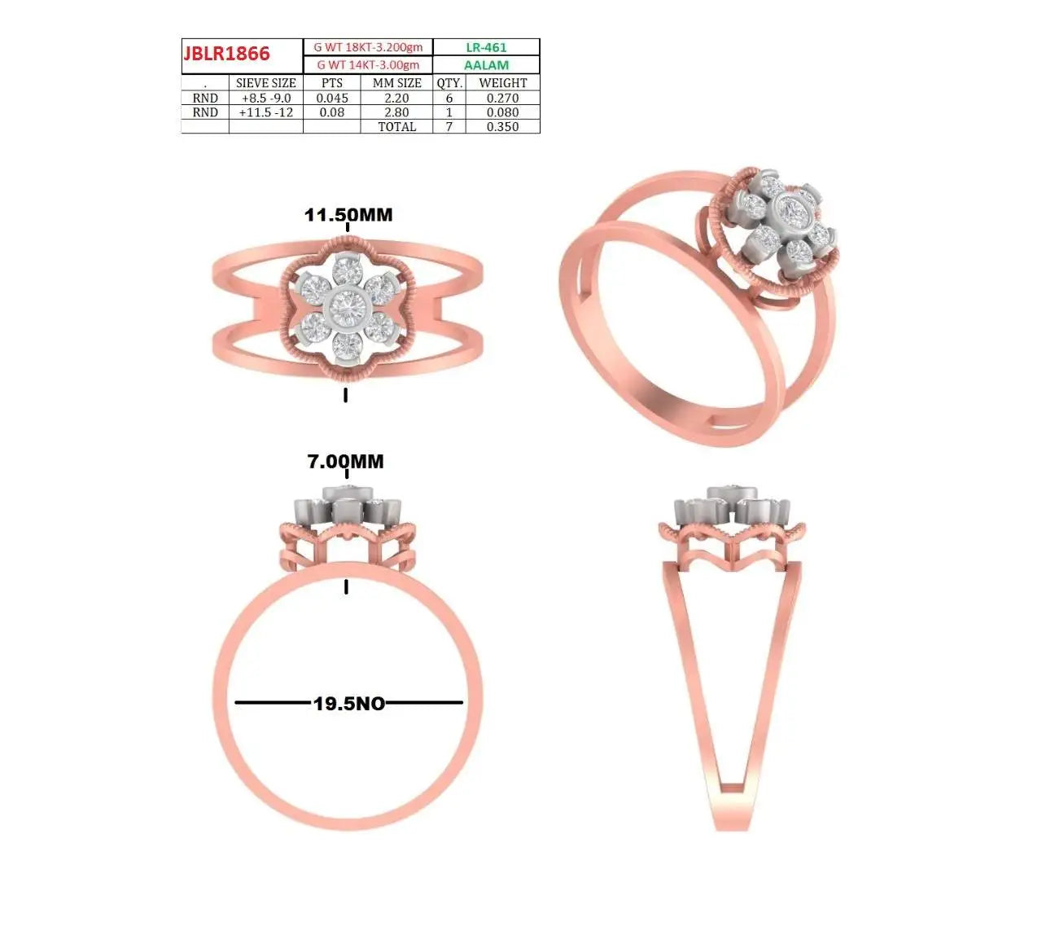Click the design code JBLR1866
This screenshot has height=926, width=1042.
(226, 54)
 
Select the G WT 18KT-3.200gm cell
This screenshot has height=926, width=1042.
(368, 47)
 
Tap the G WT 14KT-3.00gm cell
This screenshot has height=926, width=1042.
(368, 65)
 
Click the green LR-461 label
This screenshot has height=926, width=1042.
(486, 47)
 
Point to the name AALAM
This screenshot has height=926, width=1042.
(486, 65)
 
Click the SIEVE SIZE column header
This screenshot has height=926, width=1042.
(266, 83)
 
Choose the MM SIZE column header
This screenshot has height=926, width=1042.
(396, 83)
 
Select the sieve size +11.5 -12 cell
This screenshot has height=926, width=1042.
(266, 112)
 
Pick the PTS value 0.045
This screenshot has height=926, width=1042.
(332, 98)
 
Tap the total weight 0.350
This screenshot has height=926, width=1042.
(502, 126)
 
